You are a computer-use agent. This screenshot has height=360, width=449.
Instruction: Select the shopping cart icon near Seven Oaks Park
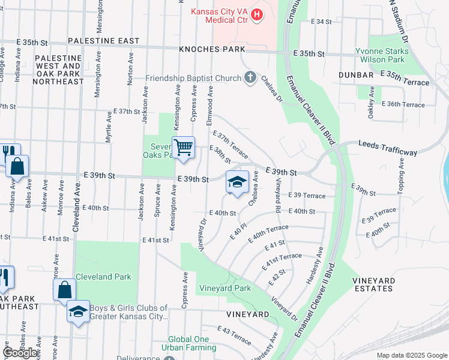point(183,146)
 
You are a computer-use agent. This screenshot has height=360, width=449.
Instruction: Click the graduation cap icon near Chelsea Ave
point(237,182)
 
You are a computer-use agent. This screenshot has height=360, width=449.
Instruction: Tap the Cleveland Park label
point(103,277)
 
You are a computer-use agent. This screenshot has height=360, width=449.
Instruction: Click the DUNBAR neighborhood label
point(355,75)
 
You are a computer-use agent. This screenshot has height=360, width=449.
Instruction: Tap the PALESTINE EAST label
point(103,41)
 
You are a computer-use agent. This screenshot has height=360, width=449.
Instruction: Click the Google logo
point(20,353)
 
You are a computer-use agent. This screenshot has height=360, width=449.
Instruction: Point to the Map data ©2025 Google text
point(411,355)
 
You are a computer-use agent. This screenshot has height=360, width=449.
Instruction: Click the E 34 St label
point(321,22)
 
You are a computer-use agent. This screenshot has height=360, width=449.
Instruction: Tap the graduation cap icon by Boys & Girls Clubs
point(78,312)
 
